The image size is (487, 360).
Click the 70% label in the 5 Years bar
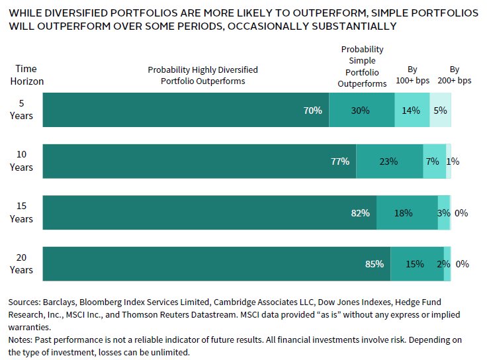[312, 111]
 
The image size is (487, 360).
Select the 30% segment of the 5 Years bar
[361, 111]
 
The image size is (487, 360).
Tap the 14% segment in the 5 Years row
[412, 111]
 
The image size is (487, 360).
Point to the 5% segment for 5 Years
[440, 111]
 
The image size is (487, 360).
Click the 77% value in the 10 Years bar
[339, 161]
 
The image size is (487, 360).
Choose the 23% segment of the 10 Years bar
[389, 161]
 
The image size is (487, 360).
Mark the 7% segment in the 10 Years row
[434, 161]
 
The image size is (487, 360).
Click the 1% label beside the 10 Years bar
[453, 161]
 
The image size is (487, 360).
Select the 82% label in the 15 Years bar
[360, 213]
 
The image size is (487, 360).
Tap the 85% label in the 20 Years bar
[374, 264]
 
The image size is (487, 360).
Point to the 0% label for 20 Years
[462, 264]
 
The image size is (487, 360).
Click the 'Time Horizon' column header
[26, 75]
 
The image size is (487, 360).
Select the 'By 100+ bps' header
[412, 75]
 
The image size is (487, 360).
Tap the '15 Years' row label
[21, 212]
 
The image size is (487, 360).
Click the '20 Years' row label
[21, 263]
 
